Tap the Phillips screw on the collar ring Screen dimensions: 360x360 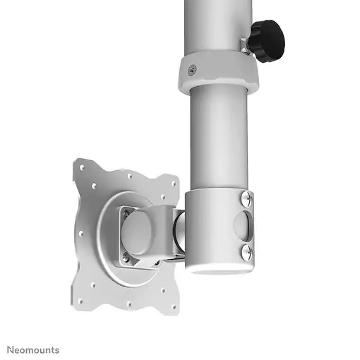pyautogui.click(x=192, y=68)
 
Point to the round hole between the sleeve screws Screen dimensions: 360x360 pyautogui.click(x=244, y=225)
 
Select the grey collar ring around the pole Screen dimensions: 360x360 pyautogui.click(x=219, y=71)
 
